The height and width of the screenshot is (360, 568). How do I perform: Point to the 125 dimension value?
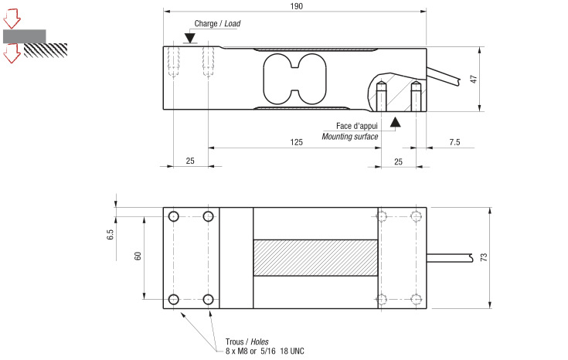tap(296, 142)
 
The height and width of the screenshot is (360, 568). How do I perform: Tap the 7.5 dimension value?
tap(454, 142)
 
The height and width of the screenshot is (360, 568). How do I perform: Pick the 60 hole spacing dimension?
tap(138, 256)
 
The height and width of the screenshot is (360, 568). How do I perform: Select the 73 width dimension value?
tap(484, 257)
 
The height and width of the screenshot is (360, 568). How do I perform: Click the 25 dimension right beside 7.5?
tap(398, 161)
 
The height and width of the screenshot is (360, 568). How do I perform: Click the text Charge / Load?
tap(217, 24)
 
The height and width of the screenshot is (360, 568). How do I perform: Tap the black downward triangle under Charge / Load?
tap(190, 39)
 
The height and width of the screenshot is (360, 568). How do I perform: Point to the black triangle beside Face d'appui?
tap(396, 121)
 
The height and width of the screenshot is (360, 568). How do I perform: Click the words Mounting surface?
tap(350, 137)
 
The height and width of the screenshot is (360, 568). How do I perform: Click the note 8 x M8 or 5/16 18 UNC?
tap(265, 352)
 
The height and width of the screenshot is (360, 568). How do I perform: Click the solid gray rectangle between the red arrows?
tap(24, 36)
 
